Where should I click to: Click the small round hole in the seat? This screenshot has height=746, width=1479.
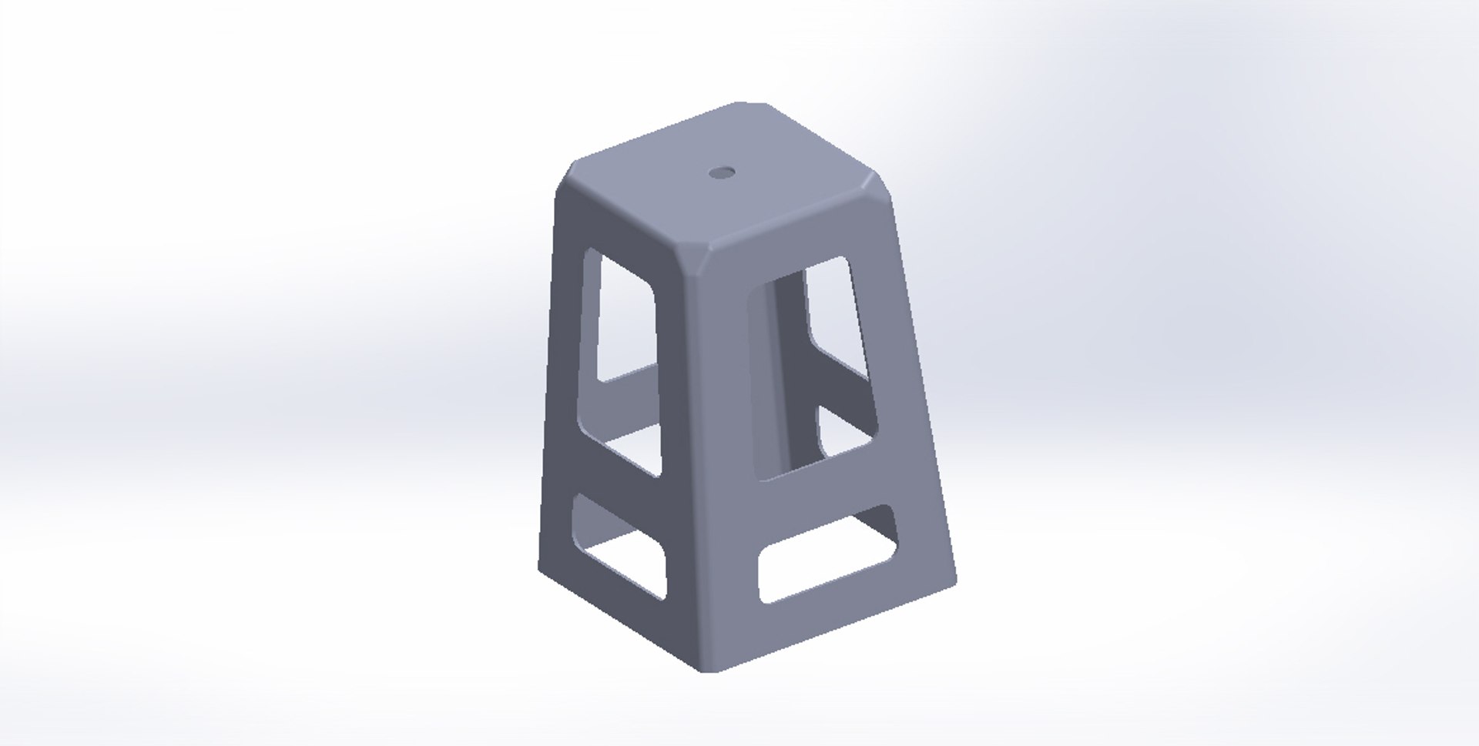(x=723, y=172)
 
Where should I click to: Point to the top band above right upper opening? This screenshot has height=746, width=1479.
(x=801, y=243)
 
